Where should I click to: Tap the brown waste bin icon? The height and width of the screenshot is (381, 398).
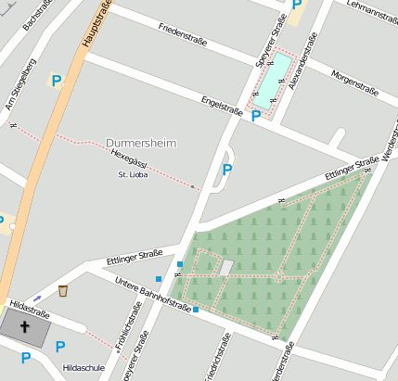coord(63,291)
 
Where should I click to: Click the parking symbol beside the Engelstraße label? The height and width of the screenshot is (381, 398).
coord(256,116)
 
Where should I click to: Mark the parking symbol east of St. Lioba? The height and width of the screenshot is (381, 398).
coord(227,170)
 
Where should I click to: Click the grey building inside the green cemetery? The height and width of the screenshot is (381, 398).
coord(225,268)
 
